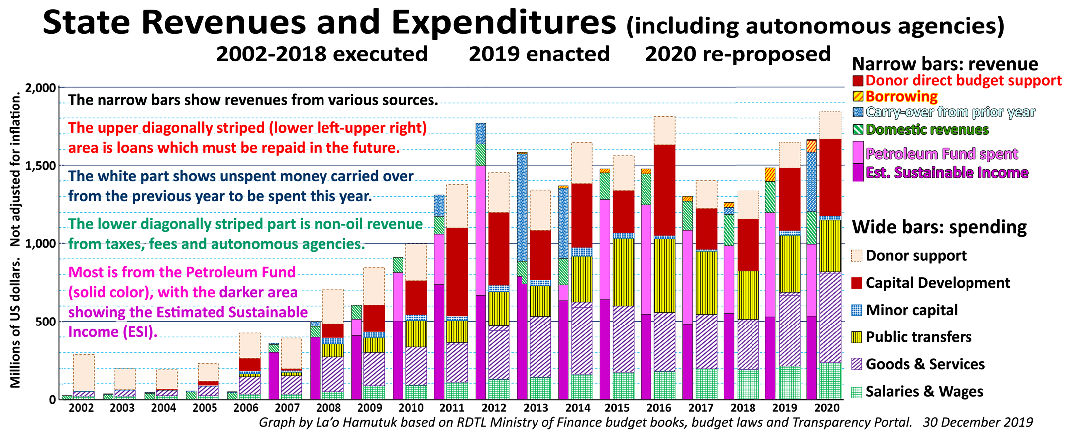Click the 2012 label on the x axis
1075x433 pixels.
click(494, 408)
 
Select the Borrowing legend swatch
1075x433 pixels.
click(858, 96)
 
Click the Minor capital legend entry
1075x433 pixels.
click(912, 310)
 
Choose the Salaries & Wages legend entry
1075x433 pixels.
click(924, 392)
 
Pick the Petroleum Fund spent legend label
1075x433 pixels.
click(942, 154)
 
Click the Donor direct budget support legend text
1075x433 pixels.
click(964, 81)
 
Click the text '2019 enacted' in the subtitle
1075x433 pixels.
click(539, 54)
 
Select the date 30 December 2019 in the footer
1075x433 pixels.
click(977, 423)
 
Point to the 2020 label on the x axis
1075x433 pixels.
click(826, 408)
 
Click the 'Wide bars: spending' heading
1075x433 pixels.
click(939, 227)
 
